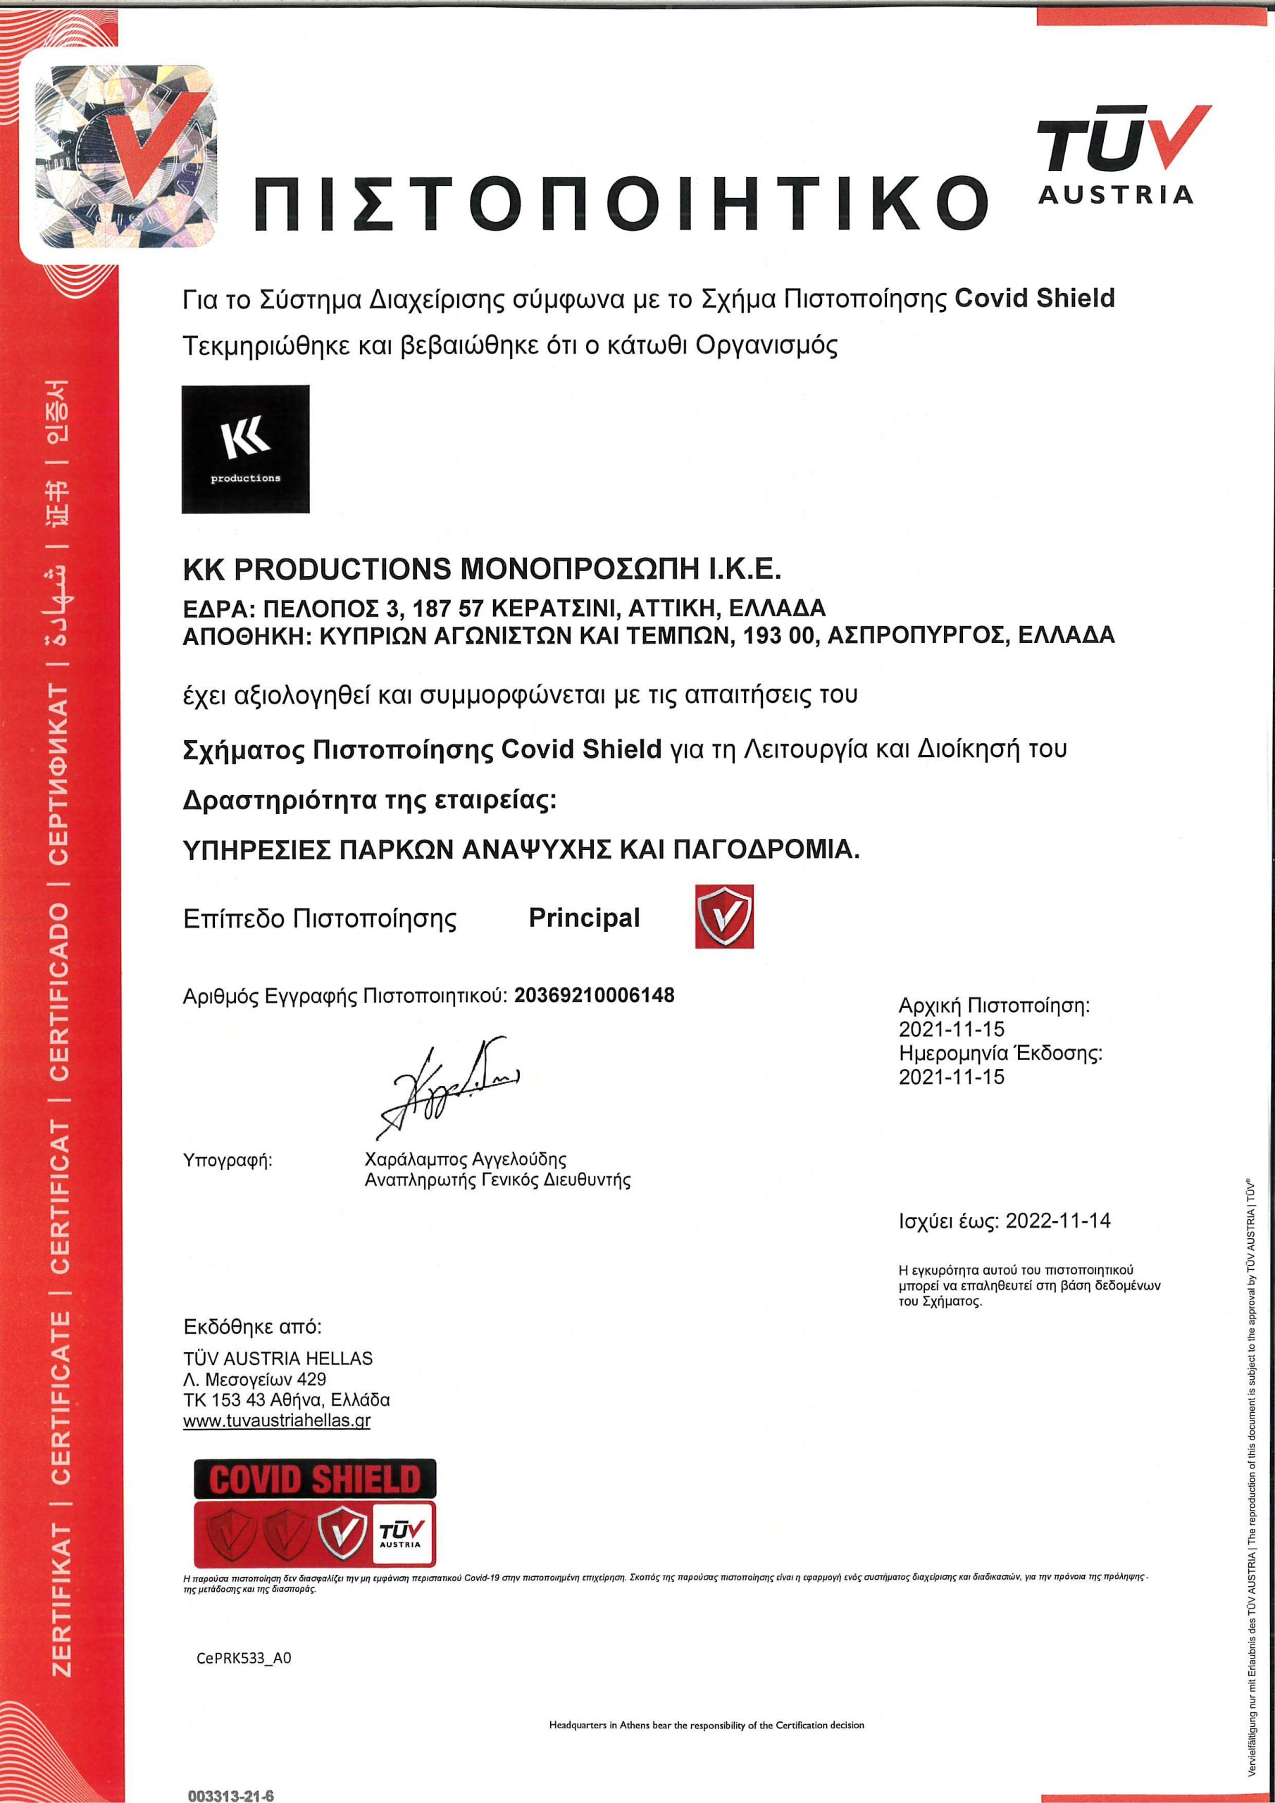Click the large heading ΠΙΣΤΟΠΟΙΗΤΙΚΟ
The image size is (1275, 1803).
pyautogui.click(x=621, y=203)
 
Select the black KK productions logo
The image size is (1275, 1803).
pyautogui.click(x=245, y=449)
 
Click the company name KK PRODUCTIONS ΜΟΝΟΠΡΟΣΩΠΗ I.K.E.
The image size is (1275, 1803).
pyautogui.click(x=482, y=569)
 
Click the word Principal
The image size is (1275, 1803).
pyautogui.click(x=584, y=917)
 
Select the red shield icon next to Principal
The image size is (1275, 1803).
pyautogui.click(x=723, y=916)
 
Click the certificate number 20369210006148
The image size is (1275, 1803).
pyautogui.click(x=594, y=996)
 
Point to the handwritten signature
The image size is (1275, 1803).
pyautogui.click(x=448, y=1087)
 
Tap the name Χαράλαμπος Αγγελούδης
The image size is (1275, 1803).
pyautogui.click(x=465, y=1159)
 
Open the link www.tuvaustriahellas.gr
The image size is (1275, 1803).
pyautogui.click(x=277, y=1420)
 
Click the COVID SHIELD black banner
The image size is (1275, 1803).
pyautogui.click(x=314, y=1479)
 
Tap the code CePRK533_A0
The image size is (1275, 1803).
pyautogui.click(x=244, y=1658)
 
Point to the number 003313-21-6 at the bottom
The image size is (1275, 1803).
pyautogui.click(x=230, y=1795)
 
